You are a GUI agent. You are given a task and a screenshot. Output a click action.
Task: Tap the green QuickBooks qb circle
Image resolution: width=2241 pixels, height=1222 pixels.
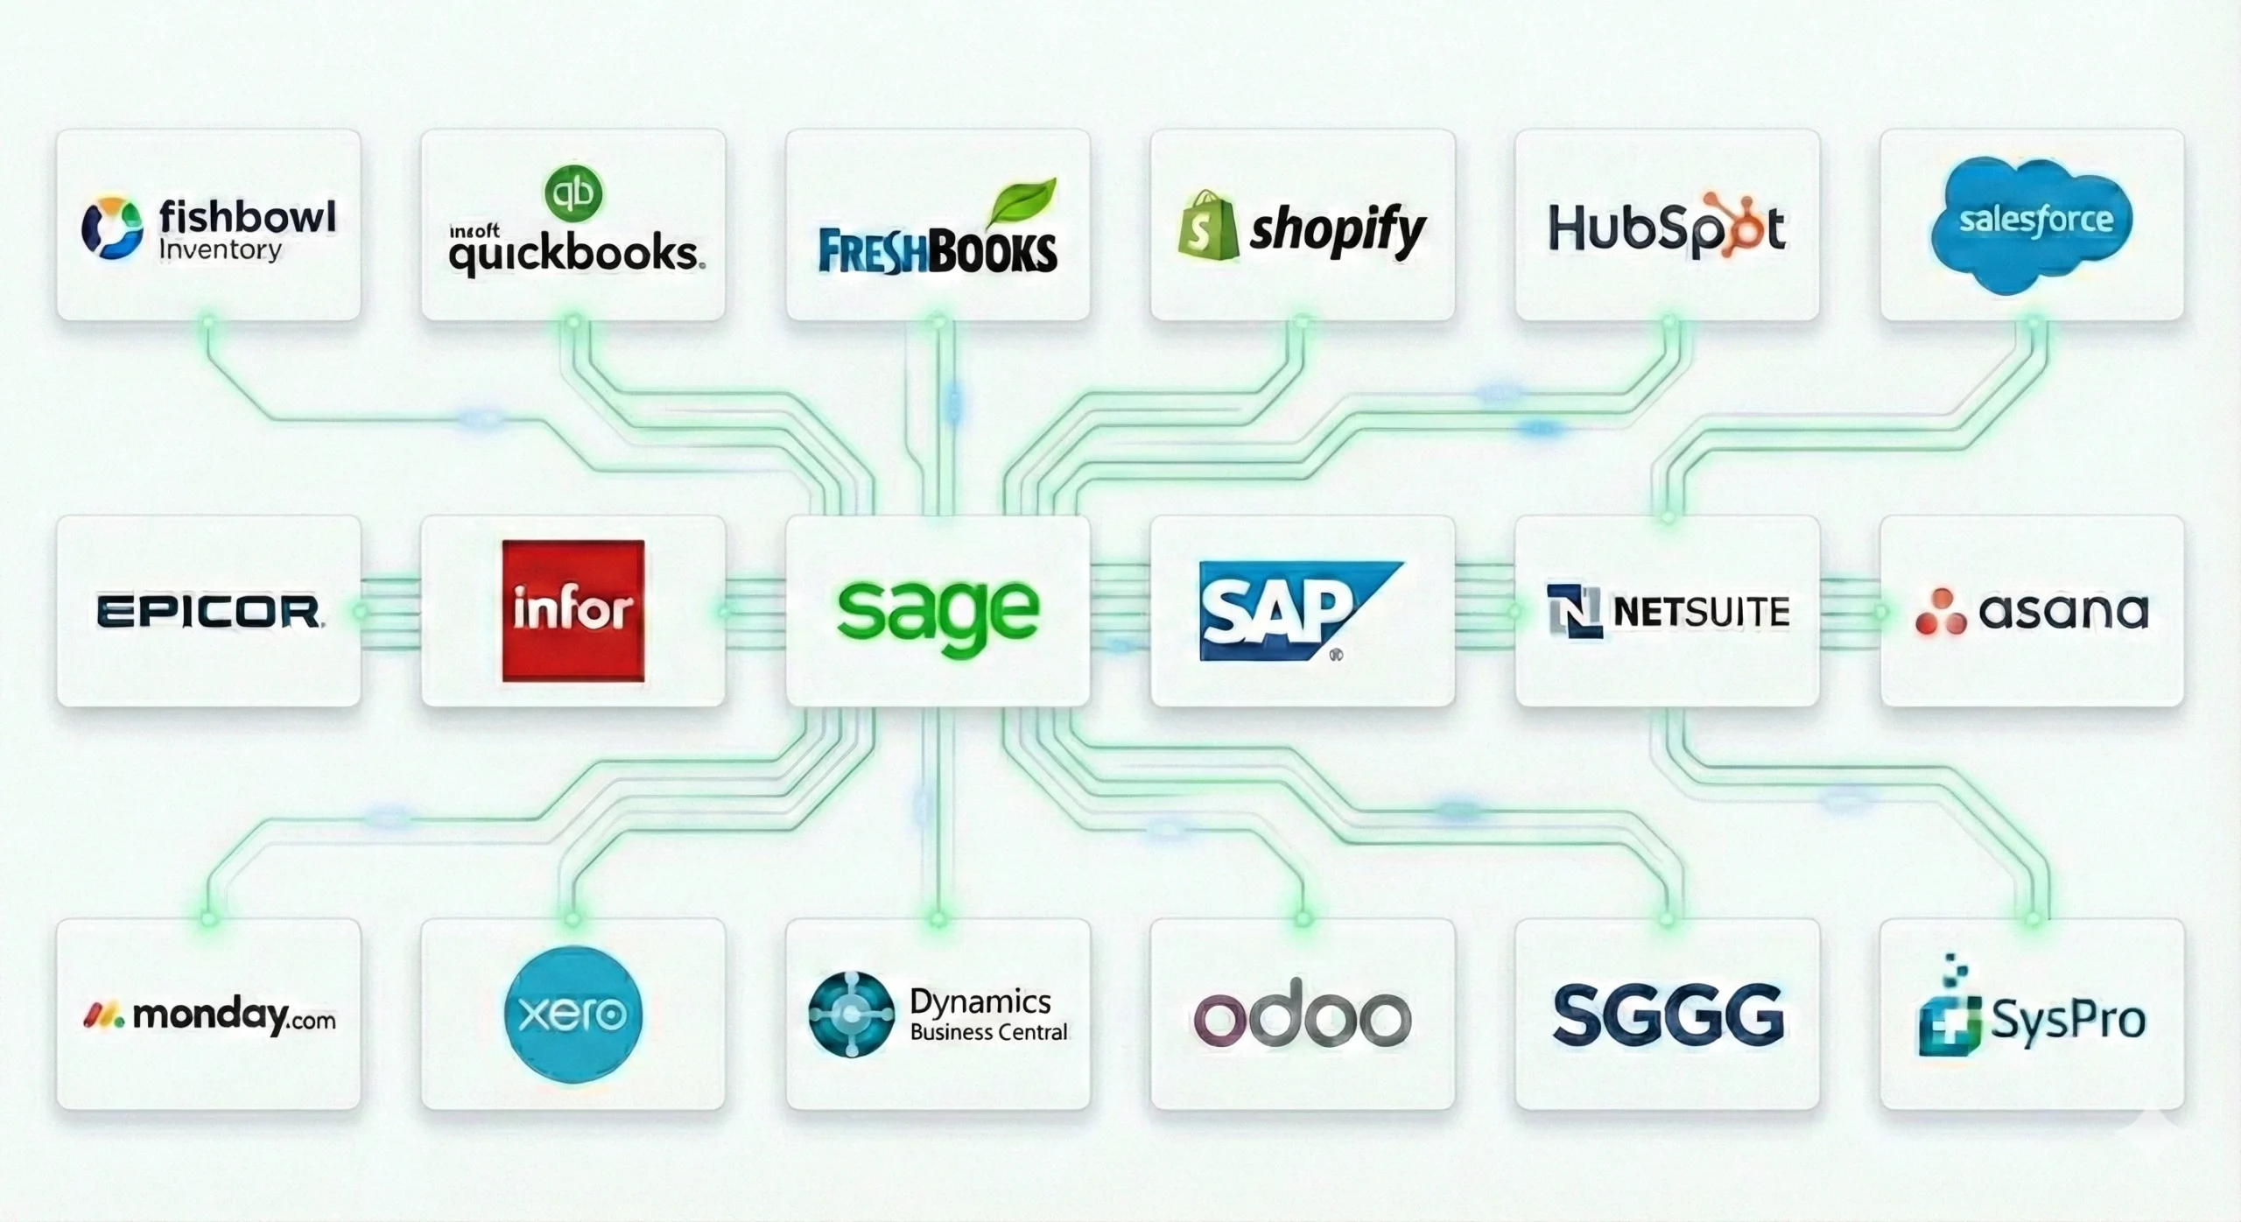(573, 193)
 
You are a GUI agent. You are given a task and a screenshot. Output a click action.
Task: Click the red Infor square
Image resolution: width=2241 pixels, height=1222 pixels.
(573, 610)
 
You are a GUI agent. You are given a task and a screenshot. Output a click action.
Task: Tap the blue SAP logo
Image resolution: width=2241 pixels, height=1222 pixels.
(1287, 610)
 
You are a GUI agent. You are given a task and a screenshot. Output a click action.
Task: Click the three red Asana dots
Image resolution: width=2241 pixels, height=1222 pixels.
(1940, 611)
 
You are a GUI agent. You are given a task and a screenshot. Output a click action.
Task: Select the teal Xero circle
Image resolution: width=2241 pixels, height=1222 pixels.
(573, 1015)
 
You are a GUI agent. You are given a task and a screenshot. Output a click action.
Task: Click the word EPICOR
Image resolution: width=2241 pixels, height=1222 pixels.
(208, 611)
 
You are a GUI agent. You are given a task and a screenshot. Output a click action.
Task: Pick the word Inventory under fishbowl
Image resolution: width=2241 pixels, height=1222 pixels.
(220, 250)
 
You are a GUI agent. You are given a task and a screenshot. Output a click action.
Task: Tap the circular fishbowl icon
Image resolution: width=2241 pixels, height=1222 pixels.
(112, 228)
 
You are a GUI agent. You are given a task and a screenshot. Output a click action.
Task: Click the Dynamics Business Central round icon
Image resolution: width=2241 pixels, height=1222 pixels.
(850, 1014)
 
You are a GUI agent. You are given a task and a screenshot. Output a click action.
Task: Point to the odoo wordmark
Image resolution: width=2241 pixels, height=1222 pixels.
(1302, 1017)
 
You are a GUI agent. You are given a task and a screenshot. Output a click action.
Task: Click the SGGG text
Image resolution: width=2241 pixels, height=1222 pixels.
(1668, 1015)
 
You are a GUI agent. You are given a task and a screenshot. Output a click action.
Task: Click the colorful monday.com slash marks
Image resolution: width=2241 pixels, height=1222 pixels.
(103, 1015)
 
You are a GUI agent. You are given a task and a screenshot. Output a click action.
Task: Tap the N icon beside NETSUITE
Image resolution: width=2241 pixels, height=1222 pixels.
(1573, 611)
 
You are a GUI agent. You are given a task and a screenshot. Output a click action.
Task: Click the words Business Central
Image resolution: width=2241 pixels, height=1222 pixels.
(988, 1033)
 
